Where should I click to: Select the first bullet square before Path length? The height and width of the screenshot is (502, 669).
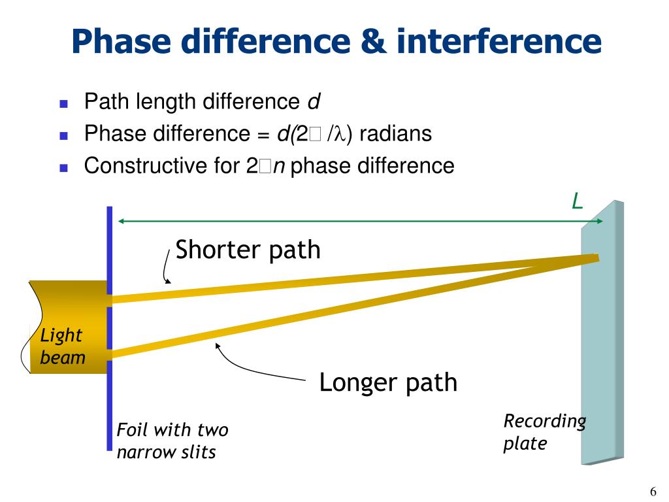[63, 103]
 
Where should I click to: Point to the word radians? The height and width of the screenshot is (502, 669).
[395, 134]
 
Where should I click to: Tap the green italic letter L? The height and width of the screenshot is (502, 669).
[577, 202]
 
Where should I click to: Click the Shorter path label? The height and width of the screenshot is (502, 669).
[248, 250]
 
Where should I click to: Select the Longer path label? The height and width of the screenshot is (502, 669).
[388, 382]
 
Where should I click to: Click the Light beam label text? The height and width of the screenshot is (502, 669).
[62, 346]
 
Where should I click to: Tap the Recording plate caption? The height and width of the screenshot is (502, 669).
[544, 432]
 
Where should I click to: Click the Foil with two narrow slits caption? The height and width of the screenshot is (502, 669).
[172, 441]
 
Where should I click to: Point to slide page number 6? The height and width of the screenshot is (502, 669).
[652, 492]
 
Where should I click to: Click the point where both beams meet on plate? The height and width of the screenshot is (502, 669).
[595, 258]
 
